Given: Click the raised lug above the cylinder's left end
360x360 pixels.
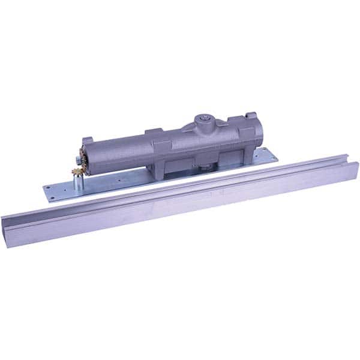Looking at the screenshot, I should point(88,140).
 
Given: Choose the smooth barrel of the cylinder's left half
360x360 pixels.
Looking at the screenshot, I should point(120,154).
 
